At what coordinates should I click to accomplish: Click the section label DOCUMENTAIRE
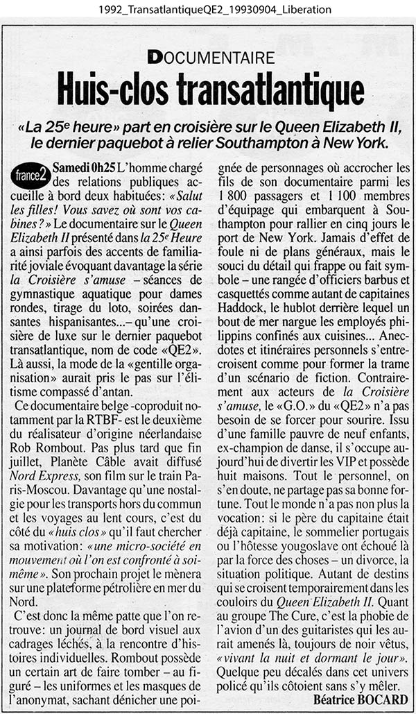tap(210, 58)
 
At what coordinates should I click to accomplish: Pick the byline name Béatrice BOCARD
tap(361, 698)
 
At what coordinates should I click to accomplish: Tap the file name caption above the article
tap(207, 9)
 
